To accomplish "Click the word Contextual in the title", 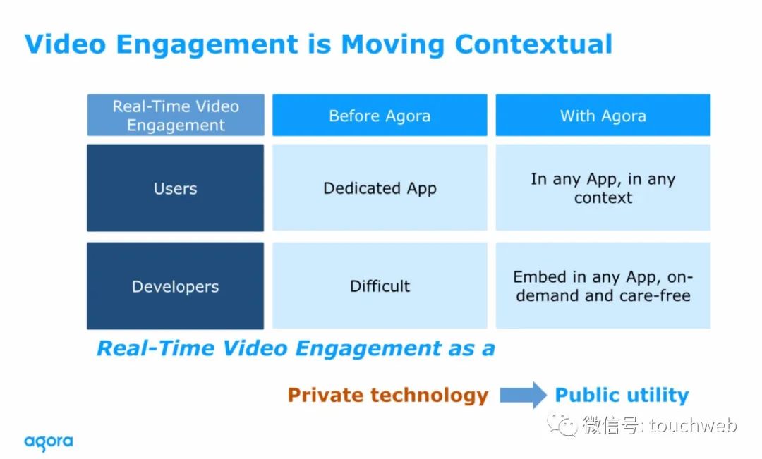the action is [x=533, y=44].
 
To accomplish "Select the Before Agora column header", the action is [x=380, y=115].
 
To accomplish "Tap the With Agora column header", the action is [x=603, y=115].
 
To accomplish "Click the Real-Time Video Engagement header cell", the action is [x=176, y=115].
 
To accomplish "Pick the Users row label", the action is [x=176, y=188].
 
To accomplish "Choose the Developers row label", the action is [x=176, y=286].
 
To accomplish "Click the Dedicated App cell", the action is [x=380, y=188].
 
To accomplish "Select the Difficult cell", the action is [x=380, y=286].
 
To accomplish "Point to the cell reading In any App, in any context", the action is [x=603, y=188].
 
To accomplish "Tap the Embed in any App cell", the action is [x=603, y=286].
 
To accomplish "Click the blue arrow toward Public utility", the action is [x=523, y=394].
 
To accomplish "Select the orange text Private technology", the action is [x=388, y=396].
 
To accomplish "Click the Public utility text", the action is [x=622, y=396].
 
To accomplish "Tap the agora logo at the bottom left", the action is [x=49, y=443].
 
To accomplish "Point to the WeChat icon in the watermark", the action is [x=562, y=424].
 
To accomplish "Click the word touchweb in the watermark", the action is [x=693, y=425].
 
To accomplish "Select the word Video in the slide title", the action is [x=65, y=44].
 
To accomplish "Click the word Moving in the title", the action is [x=393, y=44].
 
